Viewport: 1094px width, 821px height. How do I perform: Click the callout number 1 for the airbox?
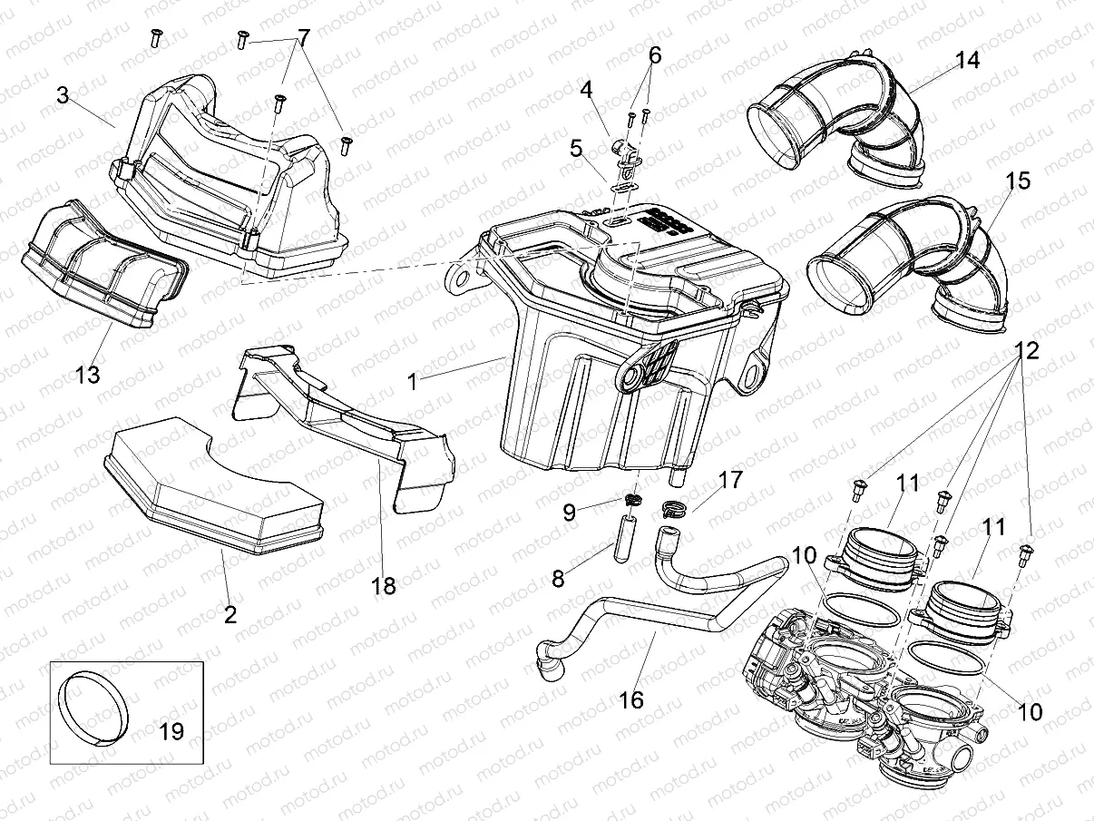click(x=413, y=382)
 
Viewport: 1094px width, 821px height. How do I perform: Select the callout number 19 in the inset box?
click(x=171, y=730)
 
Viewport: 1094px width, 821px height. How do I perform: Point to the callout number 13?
click(x=88, y=373)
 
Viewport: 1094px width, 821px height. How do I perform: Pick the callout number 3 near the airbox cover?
click(x=63, y=95)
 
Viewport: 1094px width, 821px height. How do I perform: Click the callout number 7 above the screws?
click(x=303, y=38)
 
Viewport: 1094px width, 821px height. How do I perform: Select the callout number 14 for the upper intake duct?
click(x=967, y=61)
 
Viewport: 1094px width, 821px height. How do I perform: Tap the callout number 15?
click(x=1018, y=181)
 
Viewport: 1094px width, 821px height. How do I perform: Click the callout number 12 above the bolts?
click(x=1026, y=349)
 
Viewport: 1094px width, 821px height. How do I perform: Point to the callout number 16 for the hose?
click(x=631, y=699)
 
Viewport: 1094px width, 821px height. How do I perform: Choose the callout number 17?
click(x=730, y=479)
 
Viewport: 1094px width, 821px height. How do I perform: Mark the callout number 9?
click(x=569, y=512)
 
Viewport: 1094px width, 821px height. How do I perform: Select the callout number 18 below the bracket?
click(x=384, y=586)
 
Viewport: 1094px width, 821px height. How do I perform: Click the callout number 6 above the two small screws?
click(x=654, y=55)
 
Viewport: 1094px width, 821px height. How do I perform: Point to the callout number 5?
click(x=575, y=147)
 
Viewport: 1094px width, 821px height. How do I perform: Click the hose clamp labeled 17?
click(x=674, y=511)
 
